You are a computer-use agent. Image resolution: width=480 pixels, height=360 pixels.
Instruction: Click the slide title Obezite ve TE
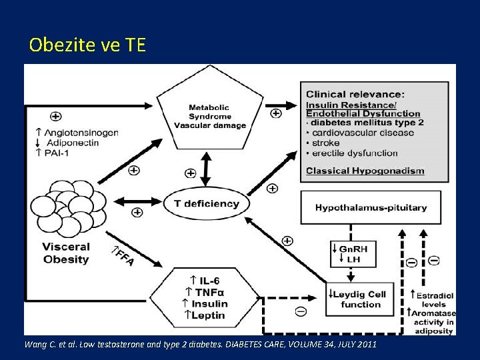point(87,45)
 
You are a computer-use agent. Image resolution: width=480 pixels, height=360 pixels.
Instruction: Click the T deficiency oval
point(206,203)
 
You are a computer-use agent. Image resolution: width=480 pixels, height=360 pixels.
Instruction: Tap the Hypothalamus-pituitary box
point(371,207)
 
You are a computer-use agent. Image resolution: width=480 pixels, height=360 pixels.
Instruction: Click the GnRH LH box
point(353,254)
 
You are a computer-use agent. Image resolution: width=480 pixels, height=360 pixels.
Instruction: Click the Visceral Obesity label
point(66,253)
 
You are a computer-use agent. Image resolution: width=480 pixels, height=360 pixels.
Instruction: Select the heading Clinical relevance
point(355,94)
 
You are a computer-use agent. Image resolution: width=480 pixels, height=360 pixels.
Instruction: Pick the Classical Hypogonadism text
point(365,171)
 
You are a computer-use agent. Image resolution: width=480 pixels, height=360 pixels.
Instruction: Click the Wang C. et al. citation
point(200,345)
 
